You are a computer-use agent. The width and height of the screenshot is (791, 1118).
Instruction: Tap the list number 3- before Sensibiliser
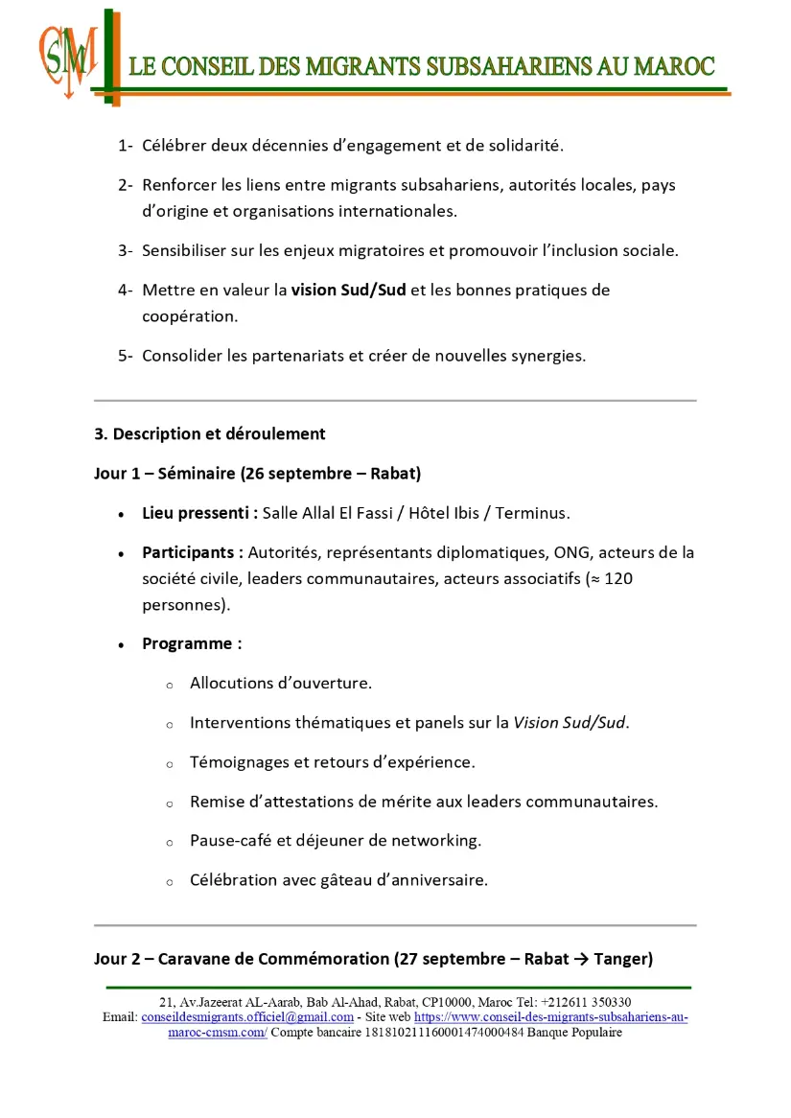(125, 251)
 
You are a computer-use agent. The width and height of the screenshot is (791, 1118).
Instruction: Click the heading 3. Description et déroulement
(210, 434)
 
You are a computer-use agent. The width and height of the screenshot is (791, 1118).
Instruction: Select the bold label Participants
(192, 552)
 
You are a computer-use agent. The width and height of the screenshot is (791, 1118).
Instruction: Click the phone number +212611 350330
(586, 1002)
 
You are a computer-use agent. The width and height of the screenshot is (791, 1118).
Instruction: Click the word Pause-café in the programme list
(231, 841)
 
